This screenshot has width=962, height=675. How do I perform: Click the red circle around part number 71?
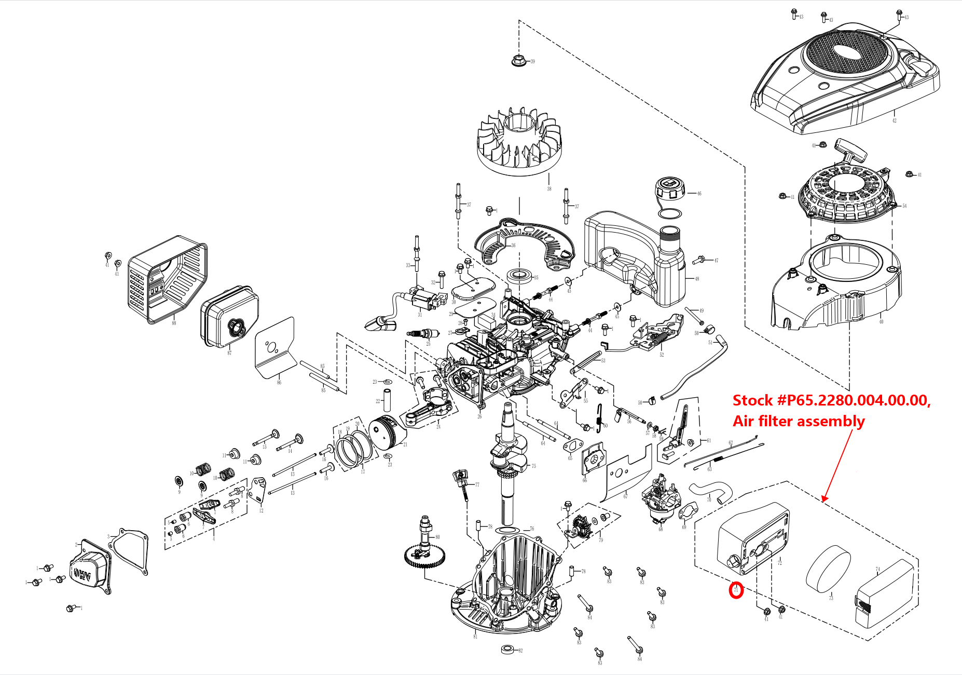pos(736,590)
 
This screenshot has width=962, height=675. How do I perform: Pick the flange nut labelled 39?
pos(517,60)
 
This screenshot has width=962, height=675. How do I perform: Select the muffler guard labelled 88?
pos(167,280)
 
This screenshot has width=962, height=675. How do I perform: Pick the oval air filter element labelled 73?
pos(829,569)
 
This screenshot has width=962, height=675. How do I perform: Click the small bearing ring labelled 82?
pos(508,650)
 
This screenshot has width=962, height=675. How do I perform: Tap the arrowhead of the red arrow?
pos(824,500)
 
